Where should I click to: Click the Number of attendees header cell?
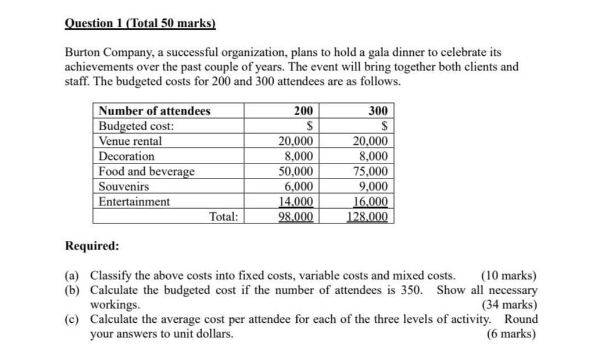(155, 111)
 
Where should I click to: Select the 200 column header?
(303, 111)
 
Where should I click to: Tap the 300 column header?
(377, 111)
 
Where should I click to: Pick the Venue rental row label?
(130, 141)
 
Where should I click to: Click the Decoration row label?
(127, 156)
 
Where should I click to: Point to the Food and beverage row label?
(146, 172)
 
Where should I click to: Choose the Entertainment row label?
(134, 202)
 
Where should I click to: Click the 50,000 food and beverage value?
(296, 172)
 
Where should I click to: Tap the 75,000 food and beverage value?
(370, 172)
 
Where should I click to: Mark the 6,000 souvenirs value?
(299, 187)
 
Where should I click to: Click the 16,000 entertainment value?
(370, 202)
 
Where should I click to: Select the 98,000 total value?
(296, 217)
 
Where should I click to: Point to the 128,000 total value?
(367, 217)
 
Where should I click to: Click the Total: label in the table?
(224, 217)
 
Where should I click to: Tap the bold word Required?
(92, 245)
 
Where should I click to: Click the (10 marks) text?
(509, 276)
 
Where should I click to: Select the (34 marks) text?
(509, 304)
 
